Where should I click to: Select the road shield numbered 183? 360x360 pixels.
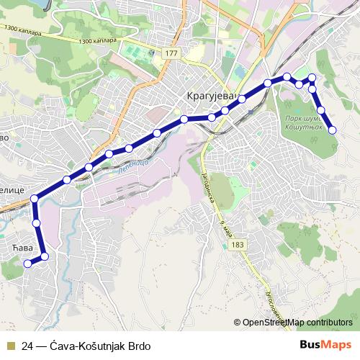tap(238, 246)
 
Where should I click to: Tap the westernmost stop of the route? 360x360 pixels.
tap(28, 264)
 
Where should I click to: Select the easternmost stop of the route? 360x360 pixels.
tap(333, 130)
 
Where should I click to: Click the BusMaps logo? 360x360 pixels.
tap(325, 345)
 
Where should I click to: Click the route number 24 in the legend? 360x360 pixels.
tap(27, 346)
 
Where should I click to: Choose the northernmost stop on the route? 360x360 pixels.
tap(312, 77)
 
